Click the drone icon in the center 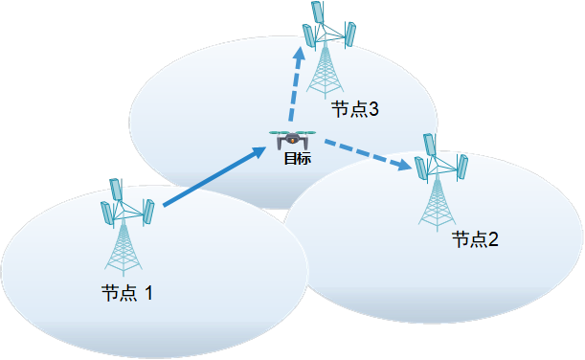(292, 139)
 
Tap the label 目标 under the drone (297, 158)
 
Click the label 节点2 (475, 239)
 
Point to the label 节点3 (355, 110)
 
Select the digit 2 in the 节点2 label (493, 239)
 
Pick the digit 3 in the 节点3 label (373, 110)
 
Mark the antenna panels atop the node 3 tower (327, 27)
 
